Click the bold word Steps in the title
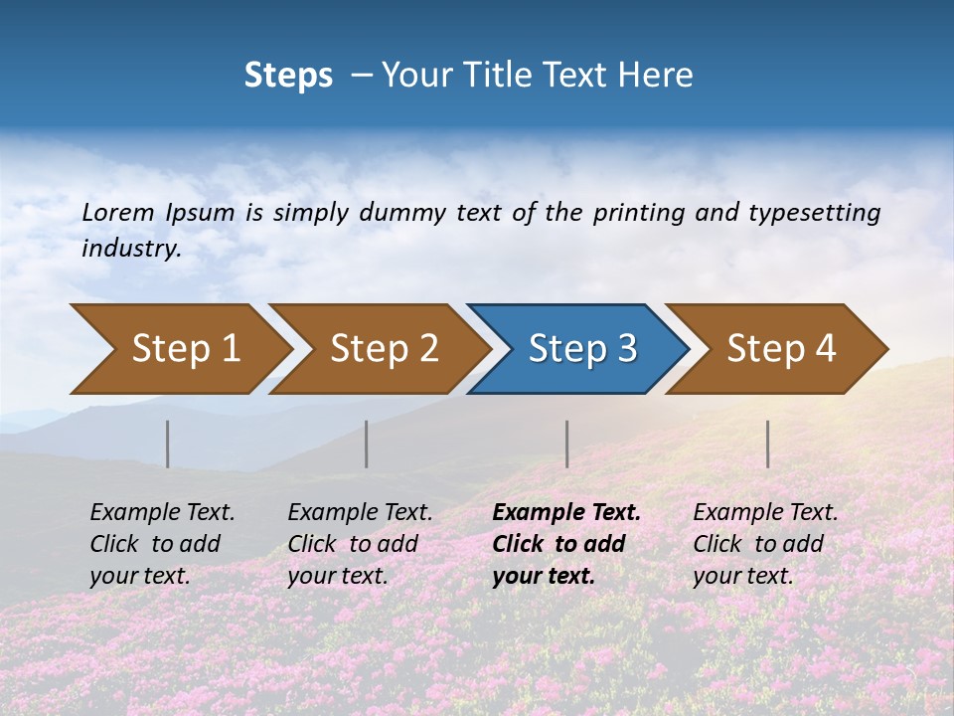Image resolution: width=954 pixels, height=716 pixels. (x=288, y=76)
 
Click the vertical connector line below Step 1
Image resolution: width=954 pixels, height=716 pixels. (x=168, y=444)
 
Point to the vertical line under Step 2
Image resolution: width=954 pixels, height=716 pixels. (x=367, y=444)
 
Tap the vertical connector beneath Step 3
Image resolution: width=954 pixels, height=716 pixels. (x=567, y=444)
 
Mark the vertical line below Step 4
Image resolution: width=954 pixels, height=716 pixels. (x=768, y=444)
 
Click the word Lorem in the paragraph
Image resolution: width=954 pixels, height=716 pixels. (x=118, y=213)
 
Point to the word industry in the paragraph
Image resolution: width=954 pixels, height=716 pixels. (x=131, y=249)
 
